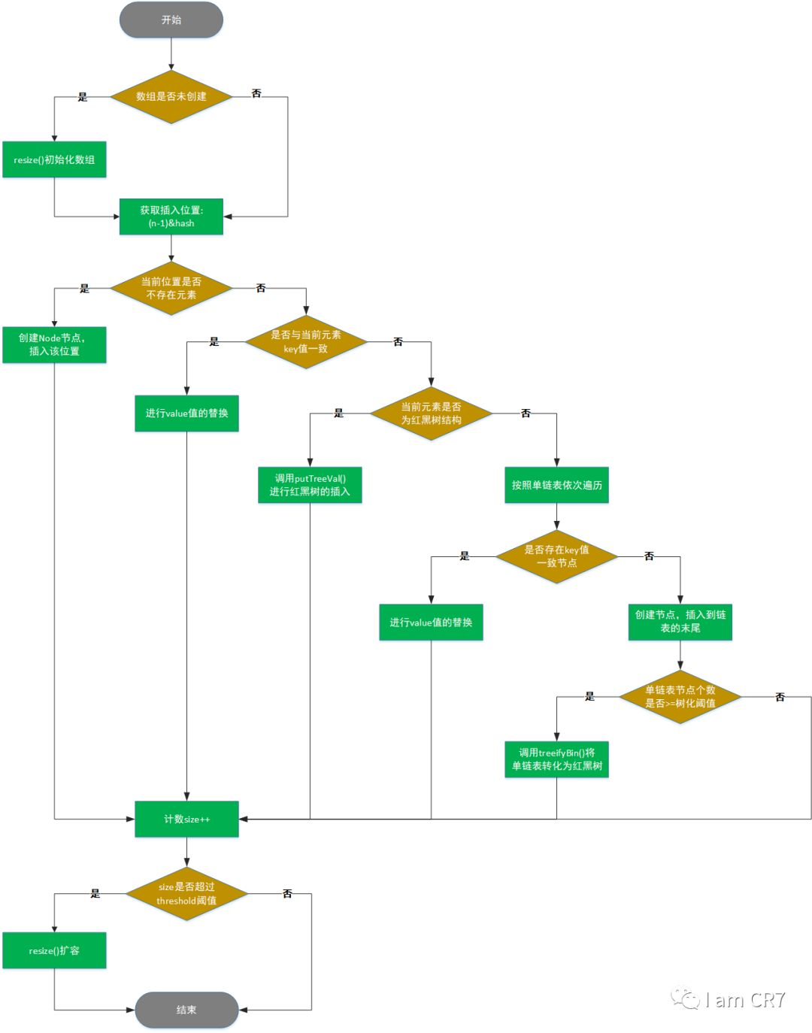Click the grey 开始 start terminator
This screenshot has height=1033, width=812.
tap(171, 20)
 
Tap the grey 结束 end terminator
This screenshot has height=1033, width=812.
tap(186, 1010)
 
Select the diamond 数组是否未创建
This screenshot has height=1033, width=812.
tap(171, 97)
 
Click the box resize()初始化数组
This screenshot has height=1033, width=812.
tap(54, 159)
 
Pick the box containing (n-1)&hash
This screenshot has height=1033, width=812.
tap(171, 217)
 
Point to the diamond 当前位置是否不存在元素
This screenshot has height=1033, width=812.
tap(171, 289)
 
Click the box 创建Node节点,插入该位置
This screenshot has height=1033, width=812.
tap(54, 344)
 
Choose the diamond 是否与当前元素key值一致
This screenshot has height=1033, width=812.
tap(306, 342)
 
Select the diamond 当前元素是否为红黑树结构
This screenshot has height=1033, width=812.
tap(431, 414)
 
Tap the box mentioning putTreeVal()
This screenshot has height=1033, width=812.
tap(310, 485)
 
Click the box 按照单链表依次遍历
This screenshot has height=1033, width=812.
tap(556, 485)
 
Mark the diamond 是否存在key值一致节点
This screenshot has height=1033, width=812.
tap(556, 556)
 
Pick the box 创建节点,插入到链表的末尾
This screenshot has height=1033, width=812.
tap(680, 622)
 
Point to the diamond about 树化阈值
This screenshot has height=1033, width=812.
tap(680, 697)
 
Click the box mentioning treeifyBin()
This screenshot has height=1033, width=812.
tap(556, 759)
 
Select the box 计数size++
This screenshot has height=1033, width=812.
tap(186, 819)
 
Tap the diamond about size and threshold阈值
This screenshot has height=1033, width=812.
tap(186, 894)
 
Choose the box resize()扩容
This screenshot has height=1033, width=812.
tap(54, 951)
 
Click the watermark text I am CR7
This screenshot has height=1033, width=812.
tap(744, 1000)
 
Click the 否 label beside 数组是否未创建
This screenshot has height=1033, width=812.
tap(256, 93)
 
